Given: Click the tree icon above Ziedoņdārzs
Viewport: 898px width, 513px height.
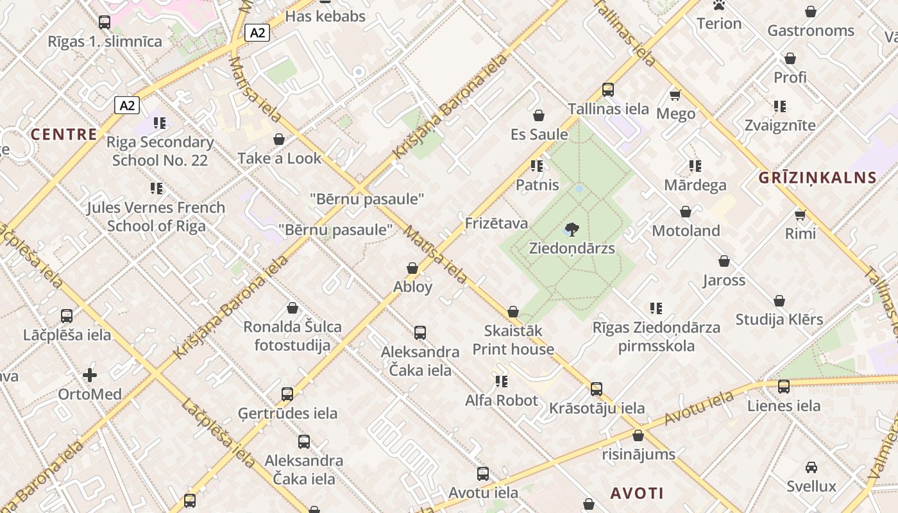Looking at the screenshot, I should coord(572,229).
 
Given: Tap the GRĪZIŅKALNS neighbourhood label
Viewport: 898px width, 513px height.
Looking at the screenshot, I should coord(818,178).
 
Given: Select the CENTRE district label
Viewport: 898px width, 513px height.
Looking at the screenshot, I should coord(64,134).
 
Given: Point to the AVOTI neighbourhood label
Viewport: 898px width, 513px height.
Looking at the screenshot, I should coord(637,493).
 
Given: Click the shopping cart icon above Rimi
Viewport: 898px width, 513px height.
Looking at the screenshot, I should coord(800,214).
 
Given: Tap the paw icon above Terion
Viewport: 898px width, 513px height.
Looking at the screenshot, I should coord(719,6).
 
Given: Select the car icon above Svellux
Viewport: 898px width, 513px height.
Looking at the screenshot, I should coord(811,467).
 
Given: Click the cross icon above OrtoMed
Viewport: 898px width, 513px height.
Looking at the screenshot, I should coord(90,374).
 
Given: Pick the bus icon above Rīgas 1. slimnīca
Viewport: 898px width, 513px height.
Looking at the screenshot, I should coord(105,22).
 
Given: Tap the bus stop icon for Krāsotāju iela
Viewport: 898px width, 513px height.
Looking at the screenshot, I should coord(597,389).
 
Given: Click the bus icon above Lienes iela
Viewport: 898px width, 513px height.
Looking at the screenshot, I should coord(784,387).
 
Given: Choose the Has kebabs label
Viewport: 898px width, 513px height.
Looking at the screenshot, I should coord(325,16).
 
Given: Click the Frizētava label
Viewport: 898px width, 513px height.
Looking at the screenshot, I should coord(496,223).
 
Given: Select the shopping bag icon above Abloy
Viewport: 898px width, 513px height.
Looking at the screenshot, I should coord(412,268).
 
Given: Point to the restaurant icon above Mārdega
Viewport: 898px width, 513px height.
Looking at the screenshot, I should coord(695,166).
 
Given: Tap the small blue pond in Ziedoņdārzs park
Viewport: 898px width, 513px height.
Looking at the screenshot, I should coord(579,189).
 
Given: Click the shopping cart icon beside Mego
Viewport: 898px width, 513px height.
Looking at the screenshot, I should coord(675,95).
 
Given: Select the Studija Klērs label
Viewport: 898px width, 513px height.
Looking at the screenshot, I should coord(779,319).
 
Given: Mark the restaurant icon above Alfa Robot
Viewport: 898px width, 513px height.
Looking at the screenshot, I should coord(502,382).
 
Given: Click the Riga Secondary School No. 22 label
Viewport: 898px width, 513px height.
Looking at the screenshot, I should coord(160,151).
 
